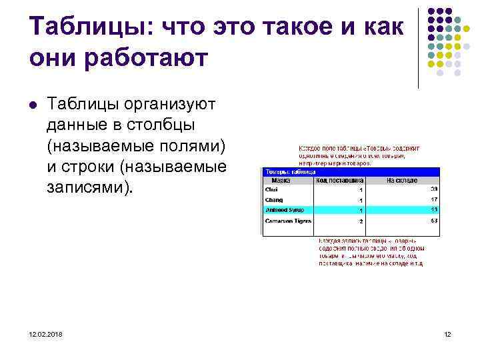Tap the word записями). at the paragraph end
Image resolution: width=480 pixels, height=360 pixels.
[x=90, y=187]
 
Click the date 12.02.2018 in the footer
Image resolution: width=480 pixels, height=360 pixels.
[x=45, y=334]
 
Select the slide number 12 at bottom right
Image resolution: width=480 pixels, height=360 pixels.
[x=447, y=334]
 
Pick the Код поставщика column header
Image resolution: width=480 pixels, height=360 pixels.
[x=339, y=180]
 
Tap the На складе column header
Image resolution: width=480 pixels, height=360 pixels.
[x=402, y=180]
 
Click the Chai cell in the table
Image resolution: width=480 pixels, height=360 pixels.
[x=273, y=189]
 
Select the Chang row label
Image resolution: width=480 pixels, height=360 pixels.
[x=275, y=200]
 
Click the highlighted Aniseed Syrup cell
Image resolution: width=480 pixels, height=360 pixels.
[x=285, y=210]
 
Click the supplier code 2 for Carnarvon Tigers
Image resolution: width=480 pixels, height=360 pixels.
[x=360, y=221]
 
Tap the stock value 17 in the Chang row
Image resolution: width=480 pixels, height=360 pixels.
[x=433, y=199]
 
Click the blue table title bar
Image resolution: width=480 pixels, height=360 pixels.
[x=350, y=171]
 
